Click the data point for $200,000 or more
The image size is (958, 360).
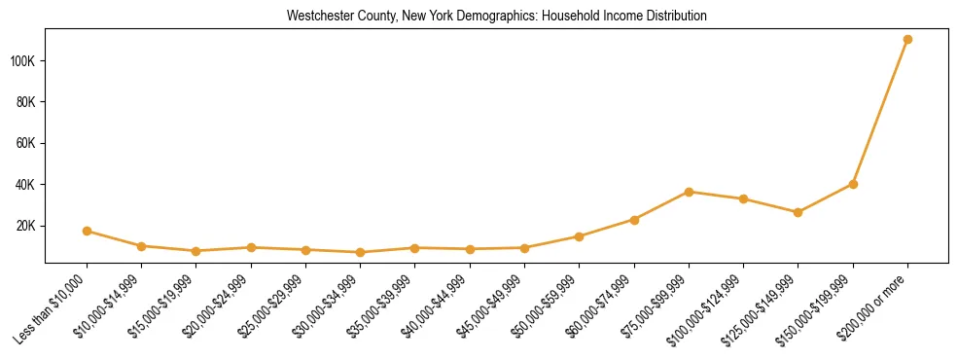907,40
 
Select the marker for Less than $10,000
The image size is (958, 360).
87,231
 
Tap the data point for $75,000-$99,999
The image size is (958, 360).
689,192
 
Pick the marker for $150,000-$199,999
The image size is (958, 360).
853,184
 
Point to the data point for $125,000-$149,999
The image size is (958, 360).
798,212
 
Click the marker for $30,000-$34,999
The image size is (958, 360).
360,252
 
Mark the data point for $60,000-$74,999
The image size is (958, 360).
634,220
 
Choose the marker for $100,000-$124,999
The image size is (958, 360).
743,198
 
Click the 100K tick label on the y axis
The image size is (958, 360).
22,61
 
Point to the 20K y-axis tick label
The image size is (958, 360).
25,226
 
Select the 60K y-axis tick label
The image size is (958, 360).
25,143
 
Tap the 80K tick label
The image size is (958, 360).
25,102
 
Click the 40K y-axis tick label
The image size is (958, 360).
25,185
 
